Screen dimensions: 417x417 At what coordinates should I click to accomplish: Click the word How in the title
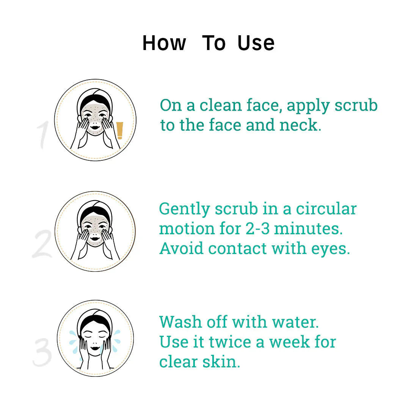[x=164, y=43]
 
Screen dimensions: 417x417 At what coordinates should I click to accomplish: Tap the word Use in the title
[x=256, y=43]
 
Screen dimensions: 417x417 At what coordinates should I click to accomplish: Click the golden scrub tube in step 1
[x=120, y=130]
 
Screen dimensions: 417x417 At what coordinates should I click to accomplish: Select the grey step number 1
[x=42, y=135]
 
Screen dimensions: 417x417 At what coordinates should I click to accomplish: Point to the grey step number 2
[x=42, y=244]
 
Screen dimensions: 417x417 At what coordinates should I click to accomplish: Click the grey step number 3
[x=42, y=352]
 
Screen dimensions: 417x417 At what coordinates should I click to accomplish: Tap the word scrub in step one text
[x=356, y=105]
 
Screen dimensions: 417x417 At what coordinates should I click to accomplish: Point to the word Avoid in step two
[x=181, y=248]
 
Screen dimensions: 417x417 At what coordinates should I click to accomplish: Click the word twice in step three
[x=230, y=342]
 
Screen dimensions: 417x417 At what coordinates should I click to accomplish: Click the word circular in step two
[x=326, y=209]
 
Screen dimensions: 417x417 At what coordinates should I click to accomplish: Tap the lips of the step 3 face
[x=95, y=348]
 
